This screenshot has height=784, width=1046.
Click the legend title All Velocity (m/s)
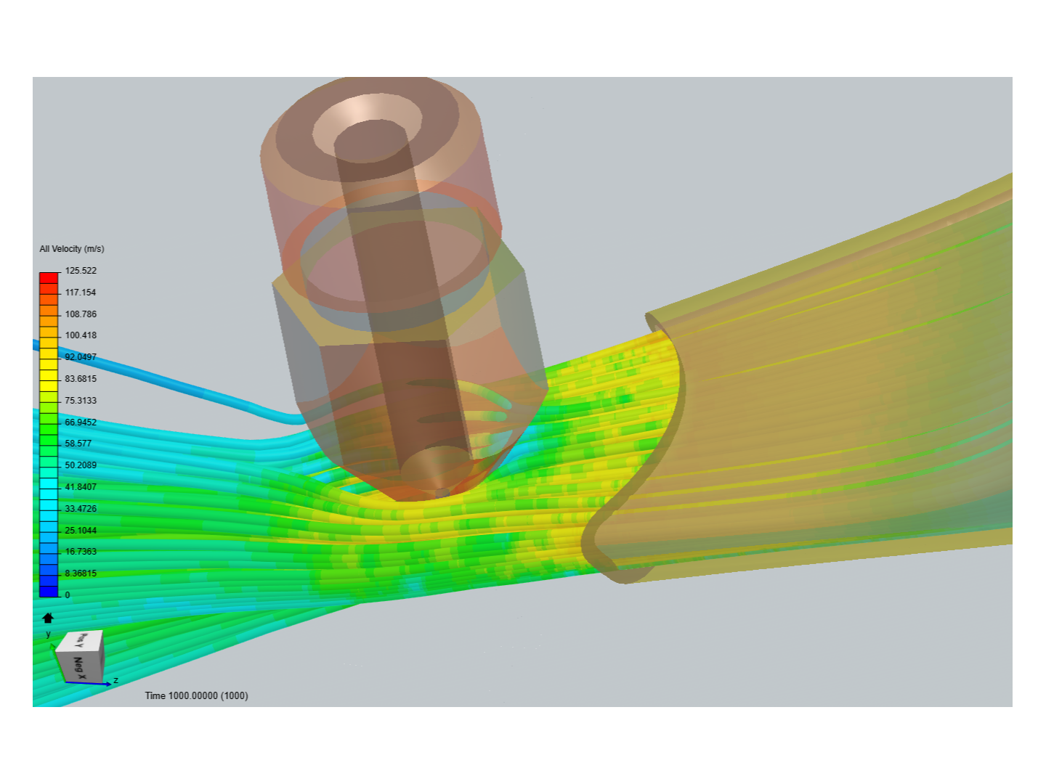point(72,249)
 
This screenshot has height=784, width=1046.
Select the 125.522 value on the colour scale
point(81,271)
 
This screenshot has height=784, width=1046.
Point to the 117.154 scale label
point(81,293)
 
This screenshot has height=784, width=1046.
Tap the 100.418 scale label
point(81,335)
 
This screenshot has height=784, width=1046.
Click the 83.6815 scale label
point(81,379)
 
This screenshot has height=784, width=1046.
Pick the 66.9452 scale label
point(81,422)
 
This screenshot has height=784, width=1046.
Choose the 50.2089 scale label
point(81,465)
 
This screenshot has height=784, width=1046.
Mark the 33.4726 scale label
point(81,509)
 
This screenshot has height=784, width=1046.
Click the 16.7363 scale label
point(81,552)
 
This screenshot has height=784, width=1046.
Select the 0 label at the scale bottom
point(68,595)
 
